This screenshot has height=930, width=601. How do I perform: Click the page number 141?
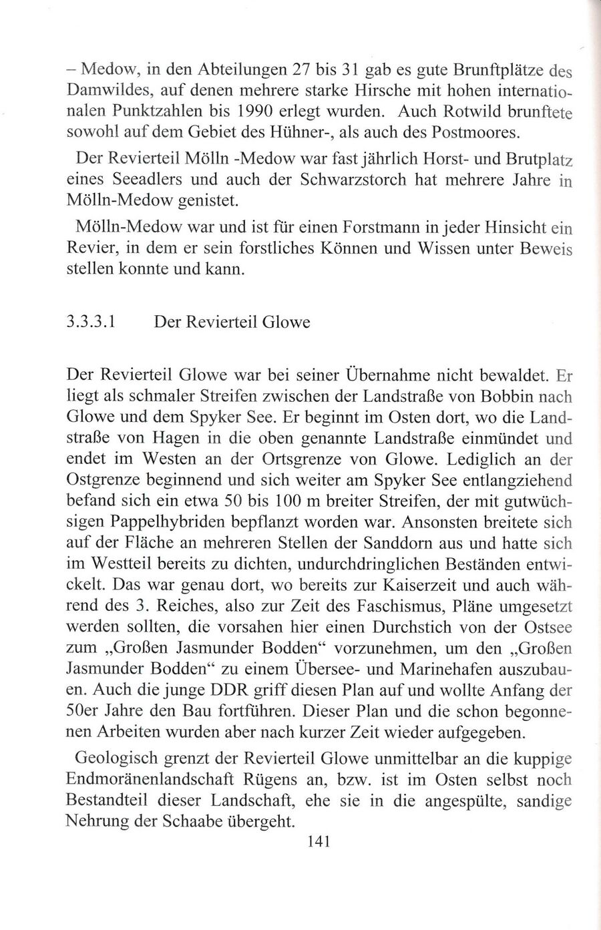coord(317,842)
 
